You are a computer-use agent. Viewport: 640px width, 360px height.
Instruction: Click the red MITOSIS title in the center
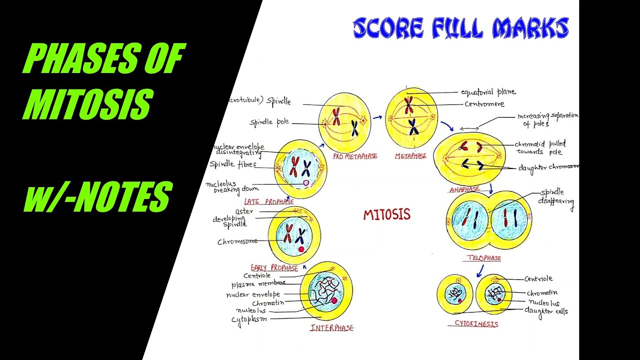(x=386, y=215)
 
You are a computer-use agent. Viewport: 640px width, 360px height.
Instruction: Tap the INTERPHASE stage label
(x=331, y=328)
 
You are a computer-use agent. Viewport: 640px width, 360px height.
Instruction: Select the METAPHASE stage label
(x=410, y=156)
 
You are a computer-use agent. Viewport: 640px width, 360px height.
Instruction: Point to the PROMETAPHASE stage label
(x=355, y=156)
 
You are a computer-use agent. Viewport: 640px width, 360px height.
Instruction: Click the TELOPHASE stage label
(x=483, y=258)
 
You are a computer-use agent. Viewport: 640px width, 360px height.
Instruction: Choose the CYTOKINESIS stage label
(x=476, y=323)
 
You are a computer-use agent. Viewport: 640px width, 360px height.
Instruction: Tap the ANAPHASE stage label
(x=464, y=189)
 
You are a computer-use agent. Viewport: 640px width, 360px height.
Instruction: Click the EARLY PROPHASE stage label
(x=274, y=268)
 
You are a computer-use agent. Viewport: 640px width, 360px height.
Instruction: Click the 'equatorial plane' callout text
(x=488, y=92)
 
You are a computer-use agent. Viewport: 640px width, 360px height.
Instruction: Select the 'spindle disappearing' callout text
(x=556, y=197)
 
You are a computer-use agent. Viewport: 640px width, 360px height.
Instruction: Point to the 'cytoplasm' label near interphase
(x=248, y=319)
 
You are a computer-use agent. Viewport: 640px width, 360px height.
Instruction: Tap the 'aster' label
(x=244, y=211)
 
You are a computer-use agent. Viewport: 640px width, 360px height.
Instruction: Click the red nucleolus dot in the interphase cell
(x=334, y=300)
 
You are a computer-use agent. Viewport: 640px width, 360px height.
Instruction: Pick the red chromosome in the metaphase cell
(x=409, y=105)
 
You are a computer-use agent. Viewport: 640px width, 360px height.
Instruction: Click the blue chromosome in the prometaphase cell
(x=354, y=128)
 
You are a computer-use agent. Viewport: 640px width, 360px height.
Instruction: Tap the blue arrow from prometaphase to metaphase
(x=377, y=118)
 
